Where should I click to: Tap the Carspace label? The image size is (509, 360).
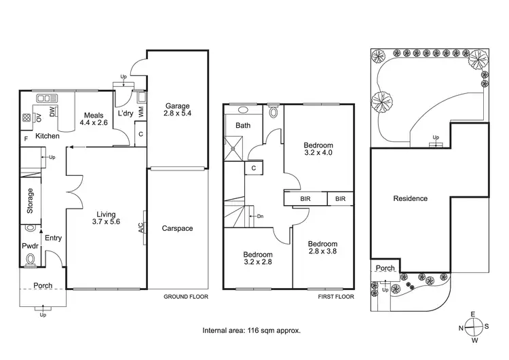177,229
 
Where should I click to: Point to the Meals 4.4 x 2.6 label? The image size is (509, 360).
93,120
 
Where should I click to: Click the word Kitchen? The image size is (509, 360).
48,137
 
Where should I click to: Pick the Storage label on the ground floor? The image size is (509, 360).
30,202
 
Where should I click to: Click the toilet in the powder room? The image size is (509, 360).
29,259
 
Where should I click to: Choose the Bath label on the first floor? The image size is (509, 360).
242,126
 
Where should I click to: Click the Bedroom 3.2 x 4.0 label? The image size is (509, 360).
318,149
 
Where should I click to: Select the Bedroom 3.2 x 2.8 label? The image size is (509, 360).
257,259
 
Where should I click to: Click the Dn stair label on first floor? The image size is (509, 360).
260,217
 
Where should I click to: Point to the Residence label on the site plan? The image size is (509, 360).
410,199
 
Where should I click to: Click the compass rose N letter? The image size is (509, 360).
462,327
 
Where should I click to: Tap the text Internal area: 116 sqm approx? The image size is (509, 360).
252,331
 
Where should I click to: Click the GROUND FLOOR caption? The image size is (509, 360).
186,298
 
